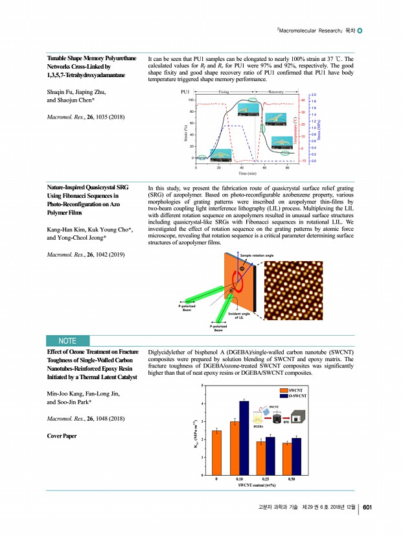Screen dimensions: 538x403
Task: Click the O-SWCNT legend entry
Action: tap(297, 395)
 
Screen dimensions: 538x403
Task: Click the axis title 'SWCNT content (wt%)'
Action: tap(257, 485)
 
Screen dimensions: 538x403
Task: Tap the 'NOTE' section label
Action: tap(67, 341)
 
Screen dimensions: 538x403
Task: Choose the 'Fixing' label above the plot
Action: tap(224, 93)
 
